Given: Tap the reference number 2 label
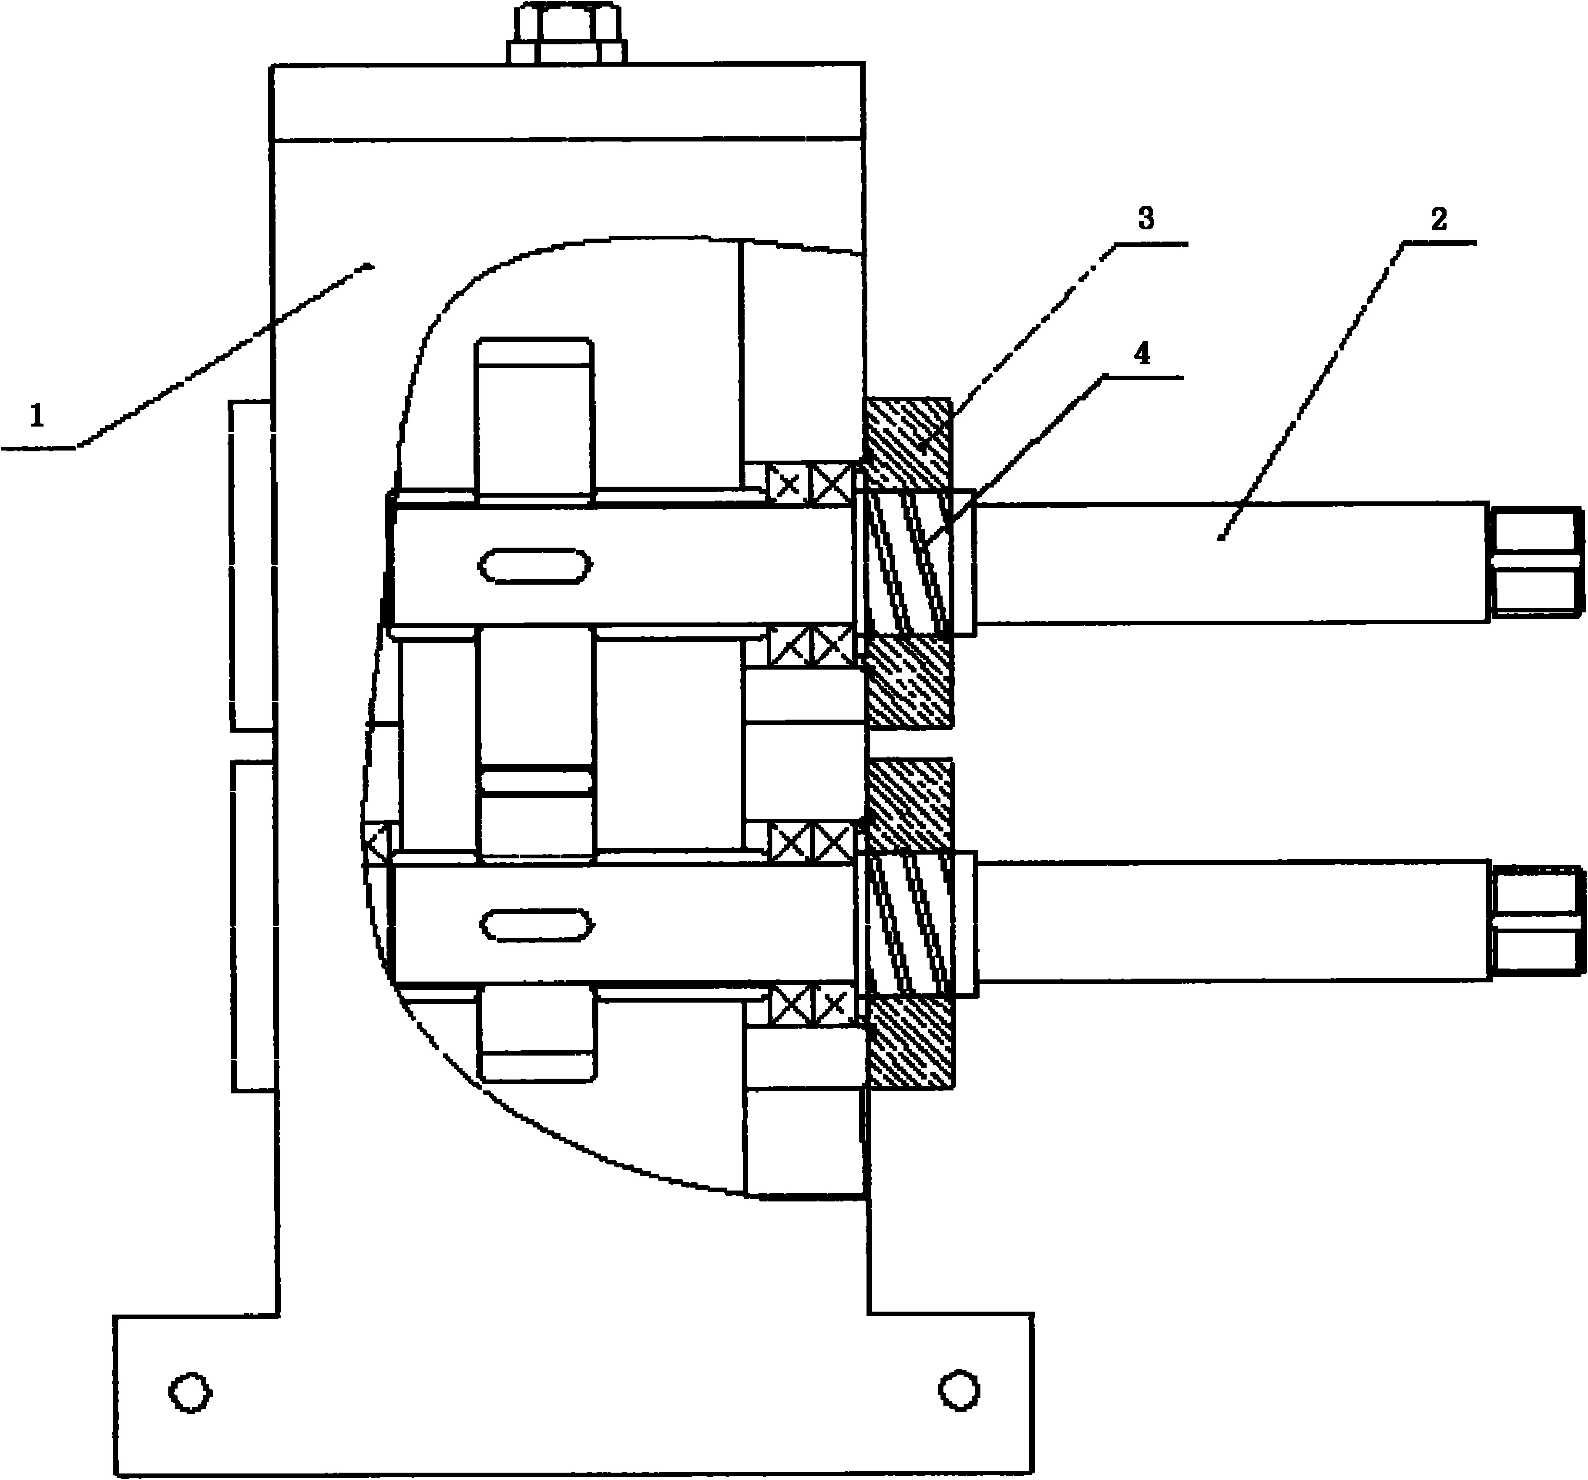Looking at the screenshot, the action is (x=1438, y=219).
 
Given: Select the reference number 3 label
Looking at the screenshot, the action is (x=1146, y=219).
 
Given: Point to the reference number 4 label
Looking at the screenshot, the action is (x=1142, y=353).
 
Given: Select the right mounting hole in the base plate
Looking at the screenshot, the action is (x=959, y=1391).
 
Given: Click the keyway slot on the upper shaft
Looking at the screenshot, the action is (x=535, y=566).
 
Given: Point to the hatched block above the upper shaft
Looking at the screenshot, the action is (x=908, y=444).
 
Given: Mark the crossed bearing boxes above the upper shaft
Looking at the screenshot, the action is (x=810, y=483).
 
